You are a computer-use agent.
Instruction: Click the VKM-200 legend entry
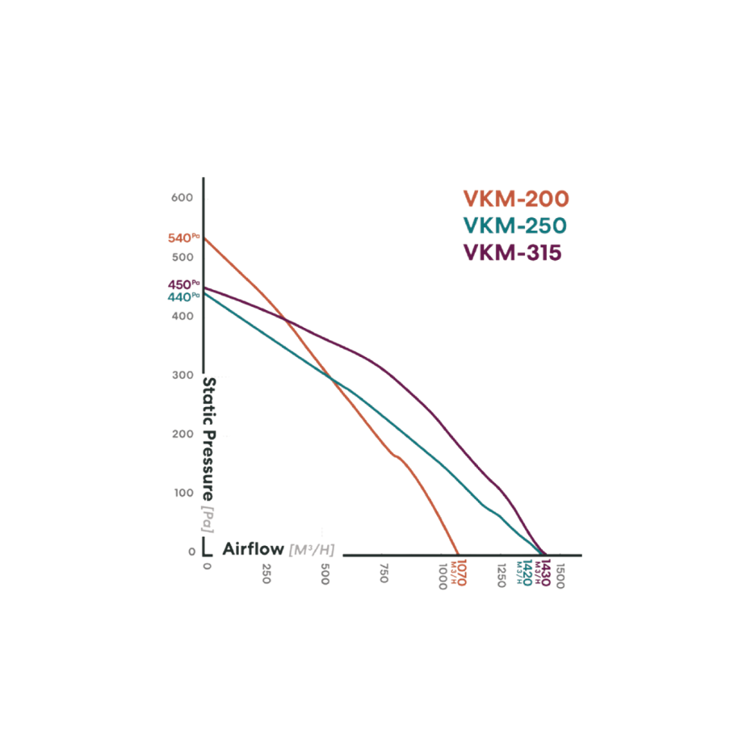[x=515, y=199]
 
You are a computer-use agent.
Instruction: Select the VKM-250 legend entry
[x=515, y=226]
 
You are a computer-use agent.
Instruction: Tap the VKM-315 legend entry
[x=512, y=252]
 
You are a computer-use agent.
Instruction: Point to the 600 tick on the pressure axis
[x=184, y=197]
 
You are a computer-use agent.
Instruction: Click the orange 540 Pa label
[x=183, y=238]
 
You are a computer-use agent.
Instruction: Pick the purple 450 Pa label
[x=183, y=285]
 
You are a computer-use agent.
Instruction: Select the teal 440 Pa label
[x=183, y=297]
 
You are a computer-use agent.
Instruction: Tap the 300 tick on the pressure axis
[x=184, y=375]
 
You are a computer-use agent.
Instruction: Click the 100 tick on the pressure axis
[x=184, y=493]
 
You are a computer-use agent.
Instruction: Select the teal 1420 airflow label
[x=527, y=573]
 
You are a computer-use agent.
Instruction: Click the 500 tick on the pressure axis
[x=184, y=257]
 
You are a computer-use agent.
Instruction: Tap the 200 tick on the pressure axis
[x=184, y=434]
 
